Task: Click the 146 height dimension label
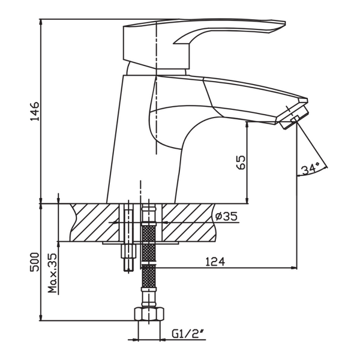coord(35,112)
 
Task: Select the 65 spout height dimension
coord(241,163)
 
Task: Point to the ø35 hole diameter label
coord(226,216)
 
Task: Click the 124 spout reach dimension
coord(215,262)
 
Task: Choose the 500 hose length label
coord(35,262)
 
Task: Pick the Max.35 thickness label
coord(53,273)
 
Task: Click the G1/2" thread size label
coord(188,334)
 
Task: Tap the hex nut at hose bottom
coord(149,314)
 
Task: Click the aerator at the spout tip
coord(294,118)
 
